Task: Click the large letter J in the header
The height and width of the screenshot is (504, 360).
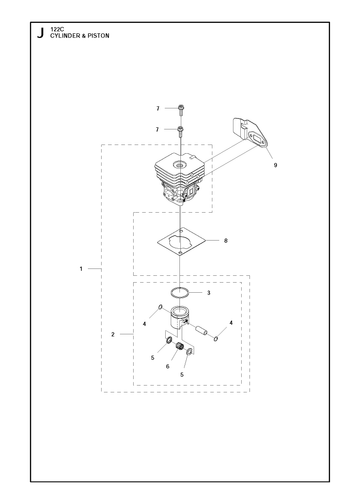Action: pos(40,33)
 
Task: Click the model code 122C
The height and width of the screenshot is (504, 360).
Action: pos(55,29)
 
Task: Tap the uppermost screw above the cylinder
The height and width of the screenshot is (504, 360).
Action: pos(181,110)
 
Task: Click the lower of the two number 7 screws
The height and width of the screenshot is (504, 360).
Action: pos(180,131)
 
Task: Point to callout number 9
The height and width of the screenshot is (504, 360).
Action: pos(275,165)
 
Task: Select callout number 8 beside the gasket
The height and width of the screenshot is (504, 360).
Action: pos(226,240)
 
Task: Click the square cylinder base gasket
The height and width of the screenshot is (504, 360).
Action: pos(181,242)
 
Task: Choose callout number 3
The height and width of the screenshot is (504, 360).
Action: pos(209,293)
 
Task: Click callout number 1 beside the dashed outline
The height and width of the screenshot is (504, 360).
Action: pos(81,268)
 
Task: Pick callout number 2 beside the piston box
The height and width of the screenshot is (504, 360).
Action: pos(113,334)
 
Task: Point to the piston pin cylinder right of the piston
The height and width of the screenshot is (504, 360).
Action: pos(201,330)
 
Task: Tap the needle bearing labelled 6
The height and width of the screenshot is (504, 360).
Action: pos(180,346)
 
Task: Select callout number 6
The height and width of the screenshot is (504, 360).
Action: pos(167,366)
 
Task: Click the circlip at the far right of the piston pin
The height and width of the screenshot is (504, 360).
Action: pos(216,339)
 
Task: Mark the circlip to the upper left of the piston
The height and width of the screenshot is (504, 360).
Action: pos(160,307)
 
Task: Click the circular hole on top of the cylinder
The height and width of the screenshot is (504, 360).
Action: pos(180,165)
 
